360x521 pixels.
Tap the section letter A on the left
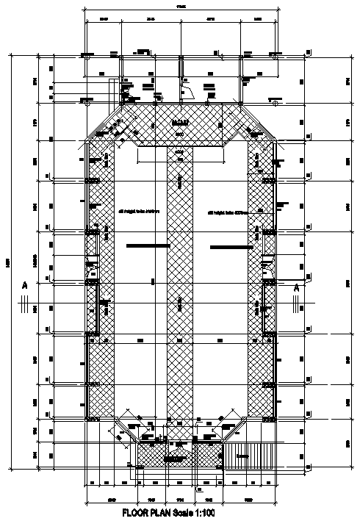pyautogui.click(x=24, y=284)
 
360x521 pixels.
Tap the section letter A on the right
pyautogui.click(x=296, y=288)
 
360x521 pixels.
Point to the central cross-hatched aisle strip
pyautogui.click(x=180, y=294)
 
